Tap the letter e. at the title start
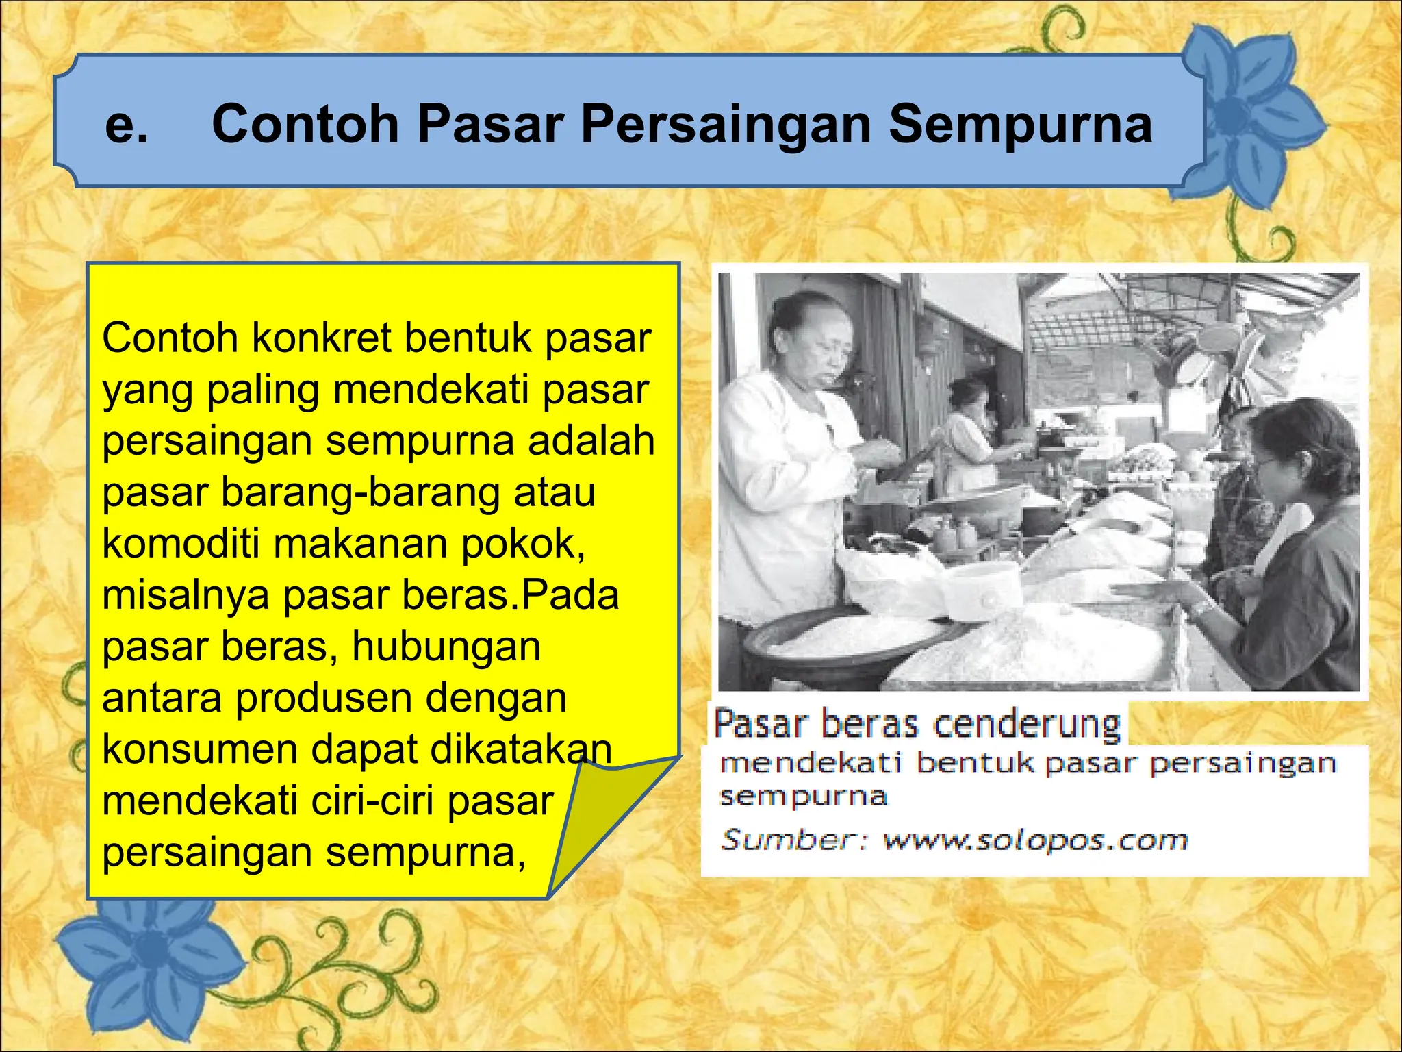[127, 125]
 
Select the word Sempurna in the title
[1020, 125]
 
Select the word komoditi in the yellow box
[181, 544]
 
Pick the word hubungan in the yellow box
[446, 647]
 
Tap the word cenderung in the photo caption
[1027, 725]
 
